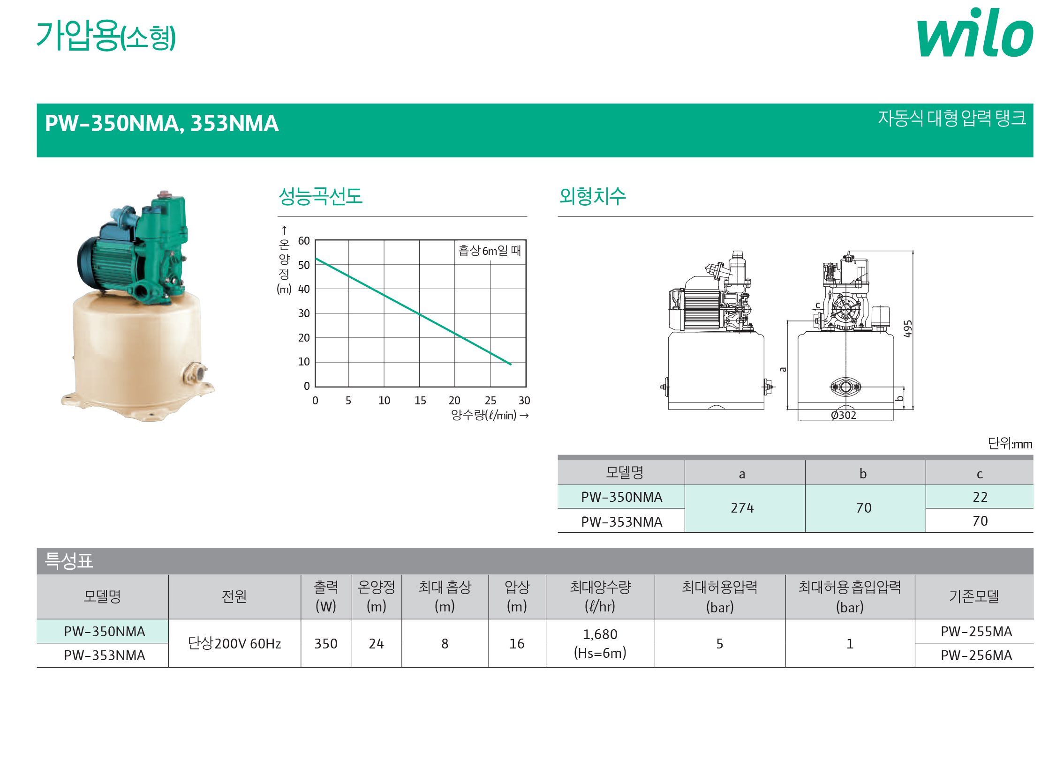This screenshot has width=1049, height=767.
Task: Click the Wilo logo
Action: (x=975, y=32)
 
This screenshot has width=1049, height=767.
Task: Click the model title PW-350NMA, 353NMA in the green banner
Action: (x=162, y=123)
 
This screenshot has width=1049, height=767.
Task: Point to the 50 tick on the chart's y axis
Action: (x=304, y=265)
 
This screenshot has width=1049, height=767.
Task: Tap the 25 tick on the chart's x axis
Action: (x=491, y=400)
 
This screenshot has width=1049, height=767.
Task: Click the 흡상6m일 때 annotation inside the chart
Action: (x=490, y=250)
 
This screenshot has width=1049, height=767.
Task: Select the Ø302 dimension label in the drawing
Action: (x=844, y=415)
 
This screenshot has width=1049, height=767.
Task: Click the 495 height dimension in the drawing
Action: (x=908, y=329)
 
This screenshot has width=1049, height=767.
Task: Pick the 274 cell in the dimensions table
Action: (x=742, y=508)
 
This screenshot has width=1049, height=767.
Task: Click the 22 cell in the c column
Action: (x=980, y=497)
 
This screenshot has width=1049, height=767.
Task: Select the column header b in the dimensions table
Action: (x=863, y=473)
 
